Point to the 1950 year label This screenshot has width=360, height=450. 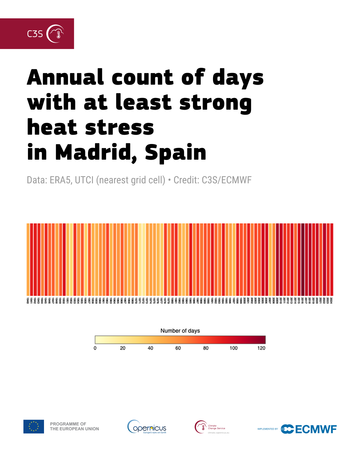[x=64, y=300]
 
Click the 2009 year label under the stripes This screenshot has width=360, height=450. [x=277, y=300]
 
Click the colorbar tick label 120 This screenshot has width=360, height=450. [x=261, y=348]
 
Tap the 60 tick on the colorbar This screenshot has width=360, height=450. [x=178, y=348]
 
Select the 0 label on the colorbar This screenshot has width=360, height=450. [x=95, y=348]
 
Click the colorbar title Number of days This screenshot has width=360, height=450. [x=180, y=331]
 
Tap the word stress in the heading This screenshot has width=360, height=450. [x=119, y=128]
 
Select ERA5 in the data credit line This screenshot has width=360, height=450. [x=60, y=180]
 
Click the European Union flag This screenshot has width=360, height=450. [x=34, y=426]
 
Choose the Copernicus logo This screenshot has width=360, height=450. [x=147, y=427]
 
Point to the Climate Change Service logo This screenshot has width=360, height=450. [x=210, y=427]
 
